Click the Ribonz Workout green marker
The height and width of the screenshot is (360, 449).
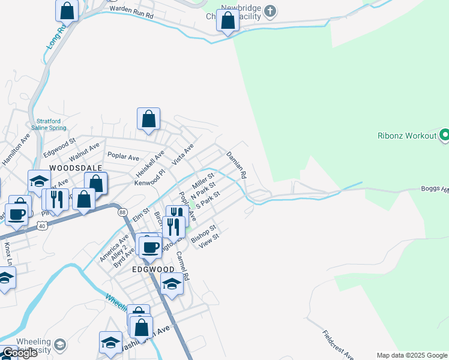tap(444, 135)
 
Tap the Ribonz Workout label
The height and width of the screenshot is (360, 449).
tap(406, 136)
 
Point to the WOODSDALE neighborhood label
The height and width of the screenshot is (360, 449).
tap(76, 168)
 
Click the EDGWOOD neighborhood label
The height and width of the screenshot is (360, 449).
tap(152, 270)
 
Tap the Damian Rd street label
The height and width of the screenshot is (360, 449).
tap(237, 166)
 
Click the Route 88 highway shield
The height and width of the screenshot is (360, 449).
tap(122, 212)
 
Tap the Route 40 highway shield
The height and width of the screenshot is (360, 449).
tap(41, 226)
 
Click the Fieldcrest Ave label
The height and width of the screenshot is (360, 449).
tap(338, 344)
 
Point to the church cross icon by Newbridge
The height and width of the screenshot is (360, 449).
tap(270, 11)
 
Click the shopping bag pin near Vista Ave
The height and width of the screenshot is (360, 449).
tap(148, 119)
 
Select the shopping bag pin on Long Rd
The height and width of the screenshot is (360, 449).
tap(67, 10)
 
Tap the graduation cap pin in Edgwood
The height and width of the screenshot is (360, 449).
tap(172, 284)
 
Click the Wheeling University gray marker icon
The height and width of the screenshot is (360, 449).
tap(59, 344)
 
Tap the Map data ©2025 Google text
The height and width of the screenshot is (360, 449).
tap(412, 355)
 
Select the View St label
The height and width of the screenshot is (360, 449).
tap(209, 240)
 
